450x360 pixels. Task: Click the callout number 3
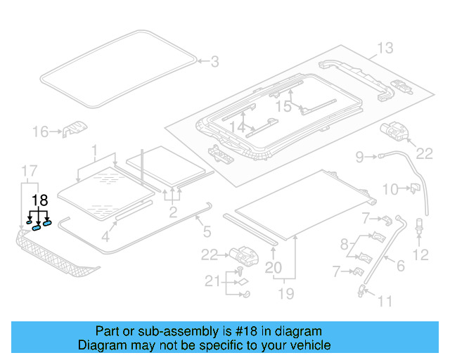(x=214, y=63)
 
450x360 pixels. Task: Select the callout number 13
(x=385, y=48)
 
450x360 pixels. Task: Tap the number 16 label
(x=41, y=131)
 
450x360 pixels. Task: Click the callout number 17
(x=29, y=171)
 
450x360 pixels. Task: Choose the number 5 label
(x=207, y=230)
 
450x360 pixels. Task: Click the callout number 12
(x=422, y=255)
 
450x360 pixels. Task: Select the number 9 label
(x=359, y=156)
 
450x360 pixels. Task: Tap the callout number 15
(x=283, y=105)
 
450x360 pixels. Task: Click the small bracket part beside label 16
(x=74, y=129)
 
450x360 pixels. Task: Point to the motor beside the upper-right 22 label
(x=396, y=131)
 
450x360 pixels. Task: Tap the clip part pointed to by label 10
(x=415, y=187)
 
